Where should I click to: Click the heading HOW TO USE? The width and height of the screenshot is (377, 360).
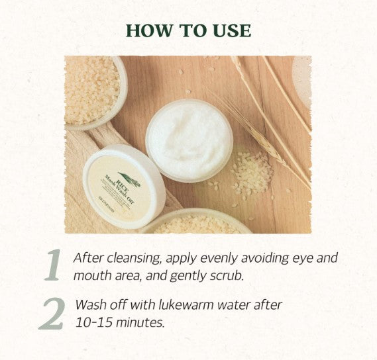click(188, 30)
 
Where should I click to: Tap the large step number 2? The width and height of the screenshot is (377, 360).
click(52, 313)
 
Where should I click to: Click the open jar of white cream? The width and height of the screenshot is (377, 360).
click(189, 140)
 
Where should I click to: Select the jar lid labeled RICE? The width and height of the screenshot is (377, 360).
click(124, 186)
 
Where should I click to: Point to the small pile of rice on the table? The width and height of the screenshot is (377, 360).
click(252, 173)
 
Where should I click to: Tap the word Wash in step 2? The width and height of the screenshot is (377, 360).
click(89, 305)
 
